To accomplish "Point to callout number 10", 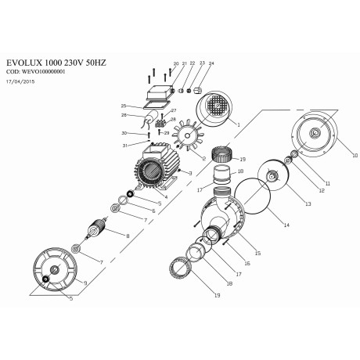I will (355, 156).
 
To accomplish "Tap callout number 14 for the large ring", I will (286, 225).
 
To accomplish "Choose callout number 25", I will (124, 105).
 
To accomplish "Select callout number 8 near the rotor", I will (128, 235).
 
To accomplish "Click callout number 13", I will (308, 203).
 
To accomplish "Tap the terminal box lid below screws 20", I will (160, 92).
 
